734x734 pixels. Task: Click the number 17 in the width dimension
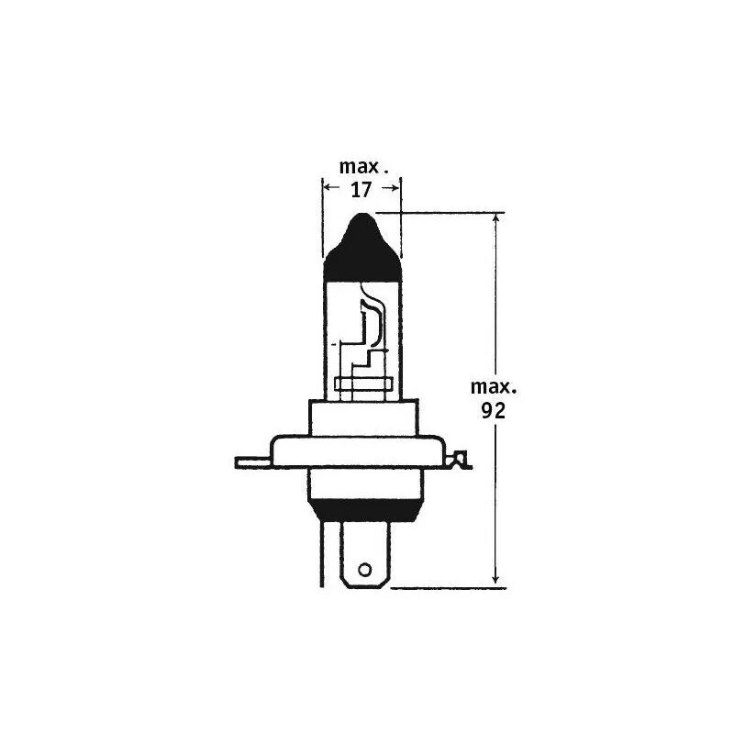coord(361,190)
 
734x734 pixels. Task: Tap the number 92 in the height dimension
coord(494,410)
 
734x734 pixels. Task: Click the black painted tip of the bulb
coord(363,248)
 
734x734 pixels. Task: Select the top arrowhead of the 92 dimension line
coord(496,221)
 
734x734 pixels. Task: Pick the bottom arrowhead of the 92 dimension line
coord(496,577)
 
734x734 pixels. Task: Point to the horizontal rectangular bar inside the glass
coord(362,384)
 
